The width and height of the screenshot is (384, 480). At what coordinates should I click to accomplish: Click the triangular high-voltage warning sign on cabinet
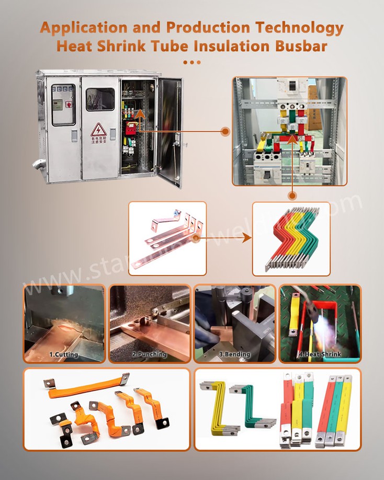pyautogui.click(x=98, y=129)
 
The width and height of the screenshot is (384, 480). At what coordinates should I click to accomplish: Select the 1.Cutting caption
pyautogui.click(x=64, y=355)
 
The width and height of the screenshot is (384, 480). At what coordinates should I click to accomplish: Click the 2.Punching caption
pyautogui.click(x=150, y=355)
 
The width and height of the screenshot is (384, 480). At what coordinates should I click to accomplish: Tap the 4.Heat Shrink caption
pyautogui.click(x=320, y=355)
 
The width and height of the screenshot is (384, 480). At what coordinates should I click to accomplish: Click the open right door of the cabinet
pyautogui.click(x=170, y=131)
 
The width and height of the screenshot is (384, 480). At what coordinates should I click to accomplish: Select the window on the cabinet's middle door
pyautogui.click(x=100, y=99)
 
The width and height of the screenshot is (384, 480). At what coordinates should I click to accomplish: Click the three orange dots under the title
pyautogui.click(x=192, y=62)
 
